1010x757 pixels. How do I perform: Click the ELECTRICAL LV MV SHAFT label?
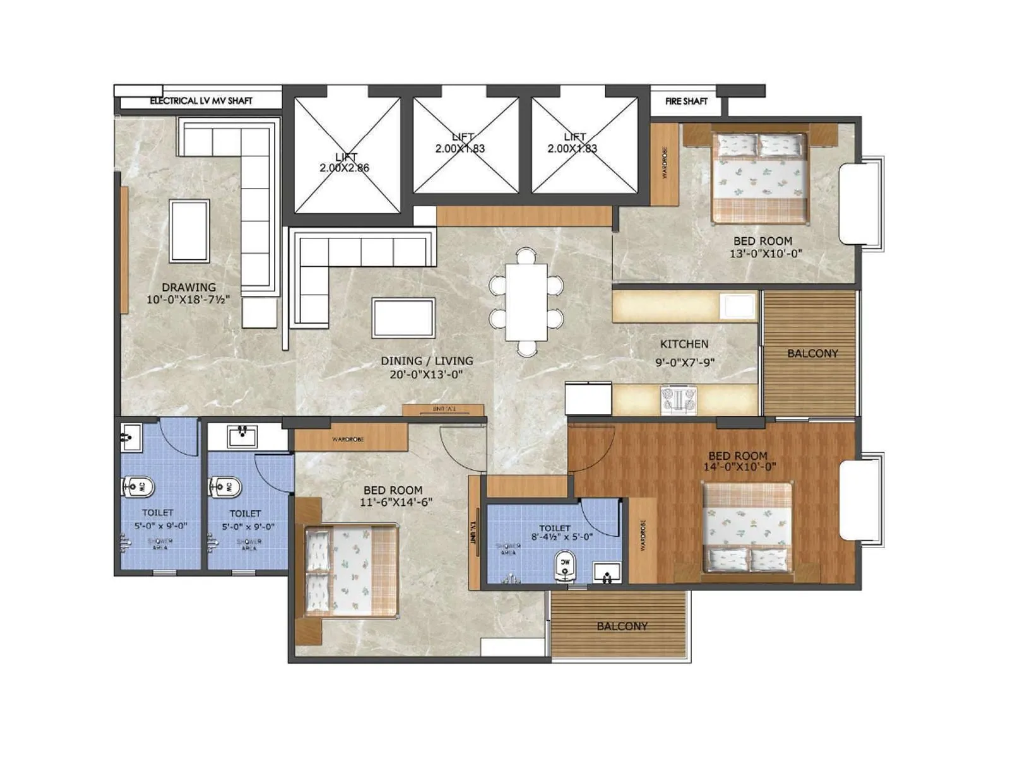(x=201, y=101)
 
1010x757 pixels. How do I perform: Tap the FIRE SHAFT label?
(x=686, y=101)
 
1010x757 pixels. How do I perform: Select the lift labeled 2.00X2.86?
(x=346, y=156)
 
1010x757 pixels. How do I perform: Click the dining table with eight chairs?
(x=526, y=302)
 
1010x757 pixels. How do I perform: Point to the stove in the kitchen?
(x=679, y=399)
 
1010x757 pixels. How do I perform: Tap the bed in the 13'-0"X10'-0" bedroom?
(x=760, y=178)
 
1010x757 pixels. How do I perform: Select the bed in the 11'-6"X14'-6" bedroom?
(x=351, y=572)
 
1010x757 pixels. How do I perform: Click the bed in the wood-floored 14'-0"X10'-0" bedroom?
(x=747, y=527)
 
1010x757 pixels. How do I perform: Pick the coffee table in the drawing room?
(x=189, y=231)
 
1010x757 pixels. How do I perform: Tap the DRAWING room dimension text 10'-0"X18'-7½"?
(x=188, y=300)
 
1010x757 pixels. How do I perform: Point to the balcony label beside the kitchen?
(x=812, y=353)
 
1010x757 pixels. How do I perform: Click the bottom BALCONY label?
(x=622, y=626)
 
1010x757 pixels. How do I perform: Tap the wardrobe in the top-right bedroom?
(x=664, y=164)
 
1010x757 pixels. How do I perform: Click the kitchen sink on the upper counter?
(x=737, y=307)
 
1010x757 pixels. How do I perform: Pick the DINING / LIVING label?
(x=427, y=361)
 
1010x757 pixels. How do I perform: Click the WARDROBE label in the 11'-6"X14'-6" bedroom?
(x=348, y=439)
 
